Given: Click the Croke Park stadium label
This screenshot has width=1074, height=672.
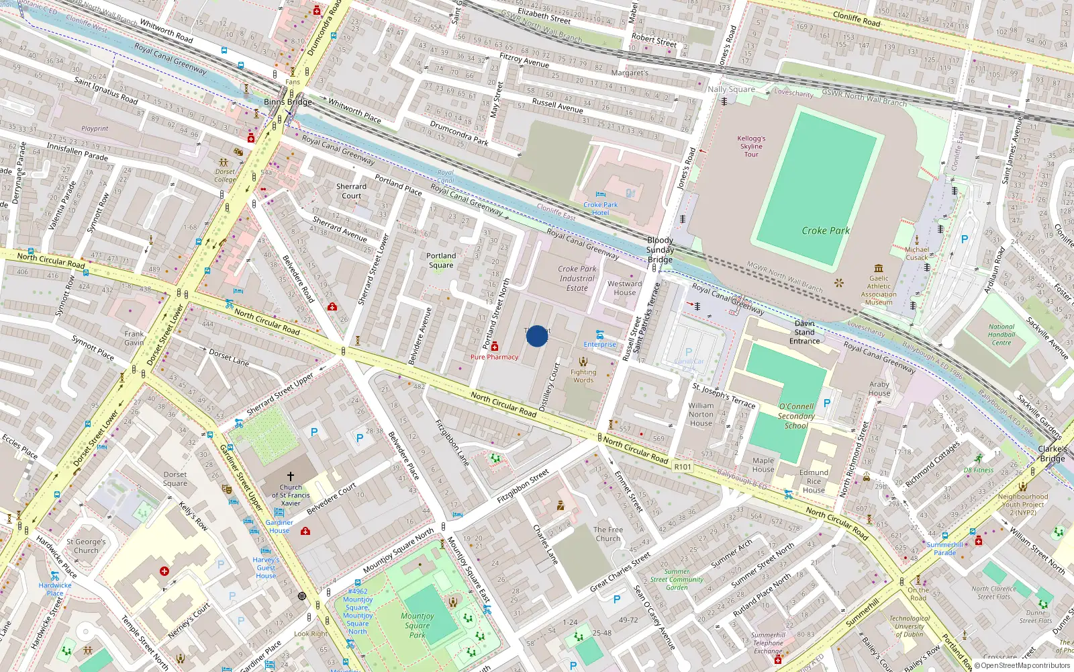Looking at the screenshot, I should coord(826,230).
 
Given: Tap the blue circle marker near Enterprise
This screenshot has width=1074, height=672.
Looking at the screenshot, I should coord(536,336).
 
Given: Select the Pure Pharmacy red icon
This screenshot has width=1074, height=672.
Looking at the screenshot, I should coord(495,347).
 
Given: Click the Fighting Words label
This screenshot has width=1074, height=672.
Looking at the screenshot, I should coord(583,376).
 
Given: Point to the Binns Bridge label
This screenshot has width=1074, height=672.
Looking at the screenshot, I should coord(287,102).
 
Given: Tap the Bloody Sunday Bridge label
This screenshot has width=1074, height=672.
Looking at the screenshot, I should coord(660,249).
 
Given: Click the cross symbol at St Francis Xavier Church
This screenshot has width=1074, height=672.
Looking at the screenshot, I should coord(291,476).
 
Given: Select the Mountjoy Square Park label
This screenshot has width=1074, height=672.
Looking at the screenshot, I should coord(418,625).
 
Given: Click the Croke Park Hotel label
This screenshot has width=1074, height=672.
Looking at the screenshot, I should coord(600,208).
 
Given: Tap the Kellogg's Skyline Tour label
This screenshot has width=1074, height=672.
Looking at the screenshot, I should coord(751,146).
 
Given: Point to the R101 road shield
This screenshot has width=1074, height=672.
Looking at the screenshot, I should coord(683,466).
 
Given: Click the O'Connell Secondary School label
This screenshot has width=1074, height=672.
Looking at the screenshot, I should coord(796,416).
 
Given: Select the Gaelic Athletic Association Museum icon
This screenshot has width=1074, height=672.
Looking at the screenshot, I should coord(879,268).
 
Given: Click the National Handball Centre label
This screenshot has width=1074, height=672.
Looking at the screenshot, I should coord(1001,335).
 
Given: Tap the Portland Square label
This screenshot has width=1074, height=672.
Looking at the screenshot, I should coord(441,260).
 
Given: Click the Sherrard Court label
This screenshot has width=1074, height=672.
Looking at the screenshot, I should coord(351,191).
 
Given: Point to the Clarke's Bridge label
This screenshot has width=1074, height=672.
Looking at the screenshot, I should coord(1052,454).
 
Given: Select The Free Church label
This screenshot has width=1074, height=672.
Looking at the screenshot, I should coord(608,534).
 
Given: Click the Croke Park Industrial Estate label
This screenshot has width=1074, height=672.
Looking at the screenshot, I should coord(577,278).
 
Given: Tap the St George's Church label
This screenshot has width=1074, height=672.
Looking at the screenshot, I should coord(86,546).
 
